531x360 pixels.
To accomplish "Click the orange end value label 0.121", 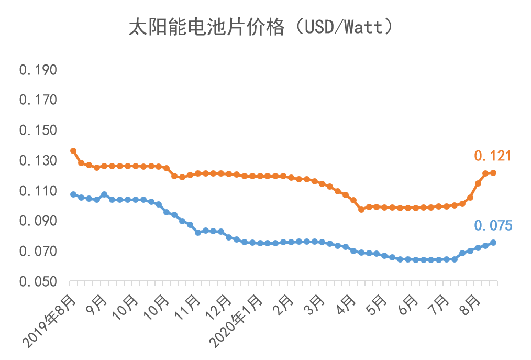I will tap(492, 156).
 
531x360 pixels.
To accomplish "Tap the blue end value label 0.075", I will tap(493, 226).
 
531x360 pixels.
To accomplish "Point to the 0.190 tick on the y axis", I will tap(38, 70).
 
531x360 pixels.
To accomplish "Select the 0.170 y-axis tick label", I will tap(38, 100).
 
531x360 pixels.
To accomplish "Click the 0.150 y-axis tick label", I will tap(38, 130).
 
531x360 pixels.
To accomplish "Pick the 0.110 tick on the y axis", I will tap(38, 191).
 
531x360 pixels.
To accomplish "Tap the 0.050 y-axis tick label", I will tap(38, 282).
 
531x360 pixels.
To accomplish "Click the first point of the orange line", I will tap(73, 151).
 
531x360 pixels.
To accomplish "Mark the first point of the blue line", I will tap(73, 194).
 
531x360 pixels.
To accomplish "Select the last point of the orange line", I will tap(493, 173).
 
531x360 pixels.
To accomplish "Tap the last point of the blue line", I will tap(493, 243).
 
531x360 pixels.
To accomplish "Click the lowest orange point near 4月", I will tap(361, 209).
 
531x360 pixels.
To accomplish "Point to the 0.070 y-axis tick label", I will tap(38, 252).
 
